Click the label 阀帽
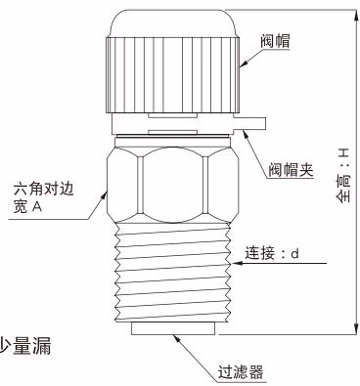click(x=275, y=41)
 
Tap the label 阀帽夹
click(x=291, y=170)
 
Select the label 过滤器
click(x=241, y=372)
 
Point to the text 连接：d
click(x=272, y=253)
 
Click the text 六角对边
click(x=44, y=189)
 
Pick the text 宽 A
click(x=27, y=206)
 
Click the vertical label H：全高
click(x=343, y=175)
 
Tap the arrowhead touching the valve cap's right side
click(x=244, y=64)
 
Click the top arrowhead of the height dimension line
click(x=355, y=16)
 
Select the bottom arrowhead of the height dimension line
click(x=355, y=328)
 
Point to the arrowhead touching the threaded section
click(x=237, y=263)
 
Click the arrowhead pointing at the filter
click(x=177, y=339)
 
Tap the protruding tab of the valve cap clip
click(x=250, y=123)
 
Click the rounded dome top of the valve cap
click(x=173, y=22)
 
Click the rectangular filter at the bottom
click(x=173, y=328)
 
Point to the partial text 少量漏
click(x=25, y=347)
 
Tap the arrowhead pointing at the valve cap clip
click(x=247, y=134)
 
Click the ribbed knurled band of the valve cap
click(x=173, y=75)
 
